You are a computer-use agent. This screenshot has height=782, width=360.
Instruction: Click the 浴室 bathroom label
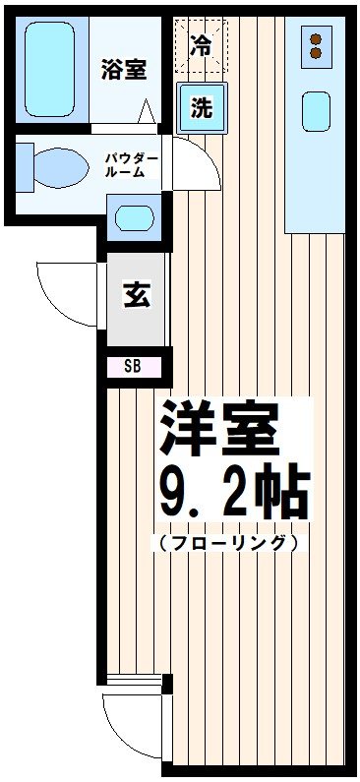[x=124, y=70]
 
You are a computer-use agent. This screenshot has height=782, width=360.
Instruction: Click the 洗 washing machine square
[x=202, y=108]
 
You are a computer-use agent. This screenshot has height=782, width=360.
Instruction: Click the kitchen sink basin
[x=316, y=110]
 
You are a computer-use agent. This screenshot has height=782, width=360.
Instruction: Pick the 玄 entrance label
[x=137, y=295]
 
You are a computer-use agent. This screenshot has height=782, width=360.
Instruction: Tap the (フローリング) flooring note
[x=224, y=542]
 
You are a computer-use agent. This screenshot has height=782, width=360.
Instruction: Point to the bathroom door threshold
[x=123, y=128]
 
